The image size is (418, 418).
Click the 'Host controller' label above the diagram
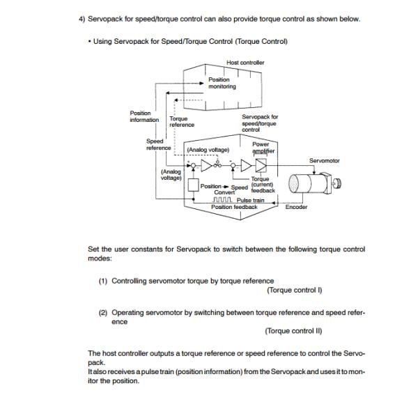pyautogui.click(x=245, y=63)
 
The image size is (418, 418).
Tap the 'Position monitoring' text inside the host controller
pyautogui.click(x=222, y=84)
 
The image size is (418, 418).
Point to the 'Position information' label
pyautogui.click(x=145, y=116)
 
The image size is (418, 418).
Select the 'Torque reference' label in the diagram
pyautogui.click(x=182, y=122)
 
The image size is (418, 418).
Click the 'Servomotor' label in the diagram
pyautogui.click(x=324, y=161)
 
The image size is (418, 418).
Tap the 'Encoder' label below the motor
pyautogui.click(x=296, y=207)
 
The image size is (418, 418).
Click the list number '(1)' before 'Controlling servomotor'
pyautogui.click(x=102, y=281)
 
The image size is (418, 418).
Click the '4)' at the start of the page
pyautogui.click(x=81, y=19)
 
